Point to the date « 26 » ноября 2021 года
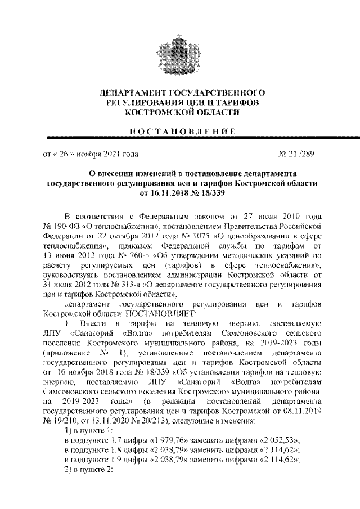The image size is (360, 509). tap(88, 152)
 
